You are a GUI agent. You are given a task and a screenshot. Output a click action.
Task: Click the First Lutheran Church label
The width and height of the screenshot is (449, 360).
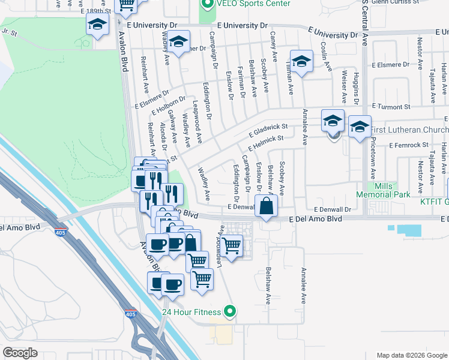[409, 130]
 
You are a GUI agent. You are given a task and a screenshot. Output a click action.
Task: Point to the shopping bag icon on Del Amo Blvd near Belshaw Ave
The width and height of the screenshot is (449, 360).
[265, 206]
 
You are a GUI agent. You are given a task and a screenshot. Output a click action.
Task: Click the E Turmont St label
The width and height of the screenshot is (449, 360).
[390, 106]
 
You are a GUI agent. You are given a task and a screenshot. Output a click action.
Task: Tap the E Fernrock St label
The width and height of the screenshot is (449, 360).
[408, 145]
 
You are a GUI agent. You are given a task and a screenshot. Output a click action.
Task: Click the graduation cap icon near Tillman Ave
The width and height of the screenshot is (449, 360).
[301, 61]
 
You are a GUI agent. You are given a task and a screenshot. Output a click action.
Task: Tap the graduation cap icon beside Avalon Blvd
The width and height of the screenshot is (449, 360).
[97, 25]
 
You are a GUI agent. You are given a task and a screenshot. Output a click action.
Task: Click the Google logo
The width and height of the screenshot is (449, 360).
[20, 353]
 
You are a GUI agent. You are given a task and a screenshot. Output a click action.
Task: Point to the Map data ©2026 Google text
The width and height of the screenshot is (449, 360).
[411, 355]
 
